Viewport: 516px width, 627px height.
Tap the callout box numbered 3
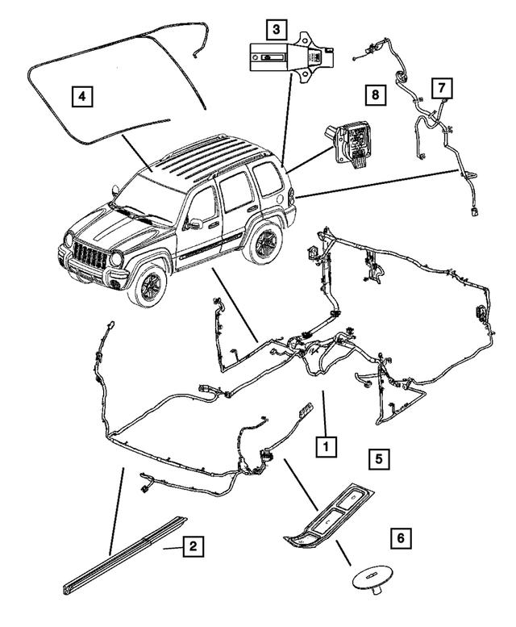(277, 30)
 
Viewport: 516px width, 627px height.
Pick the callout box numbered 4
(81, 96)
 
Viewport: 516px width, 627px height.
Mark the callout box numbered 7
(441, 86)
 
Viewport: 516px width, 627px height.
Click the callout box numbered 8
(374, 94)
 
